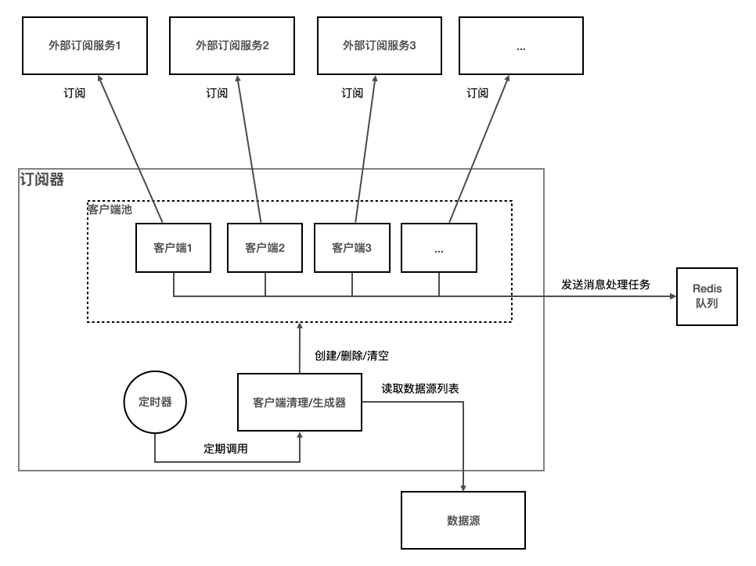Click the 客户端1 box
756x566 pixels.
pyautogui.click(x=173, y=248)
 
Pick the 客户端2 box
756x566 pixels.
pyautogui.click(x=265, y=248)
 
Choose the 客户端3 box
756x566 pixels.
pyautogui.click(x=351, y=248)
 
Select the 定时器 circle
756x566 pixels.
pyautogui.click(x=156, y=401)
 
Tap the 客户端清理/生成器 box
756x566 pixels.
pyautogui.click(x=300, y=403)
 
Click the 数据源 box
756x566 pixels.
pyautogui.click(x=463, y=520)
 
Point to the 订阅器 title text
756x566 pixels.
pyautogui.click(x=41, y=180)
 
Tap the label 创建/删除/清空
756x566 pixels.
pyautogui.click(x=351, y=355)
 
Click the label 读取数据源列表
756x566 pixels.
pyautogui.click(x=425, y=387)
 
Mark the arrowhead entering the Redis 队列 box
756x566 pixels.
pyautogui.click(x=672, y=297)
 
